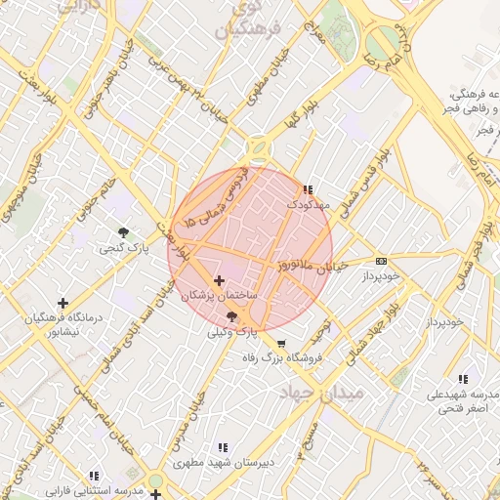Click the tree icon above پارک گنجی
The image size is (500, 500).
pos(123,231)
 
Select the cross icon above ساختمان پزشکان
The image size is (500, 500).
pos(218,280)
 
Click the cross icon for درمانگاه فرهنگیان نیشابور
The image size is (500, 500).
pos(63,303)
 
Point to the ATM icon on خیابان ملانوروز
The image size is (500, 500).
pos(381,261)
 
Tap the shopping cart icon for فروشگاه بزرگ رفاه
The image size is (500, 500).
pos(281,344)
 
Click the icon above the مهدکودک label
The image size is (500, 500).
pos(309,189)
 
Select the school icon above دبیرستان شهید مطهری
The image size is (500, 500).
pos(224,447)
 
